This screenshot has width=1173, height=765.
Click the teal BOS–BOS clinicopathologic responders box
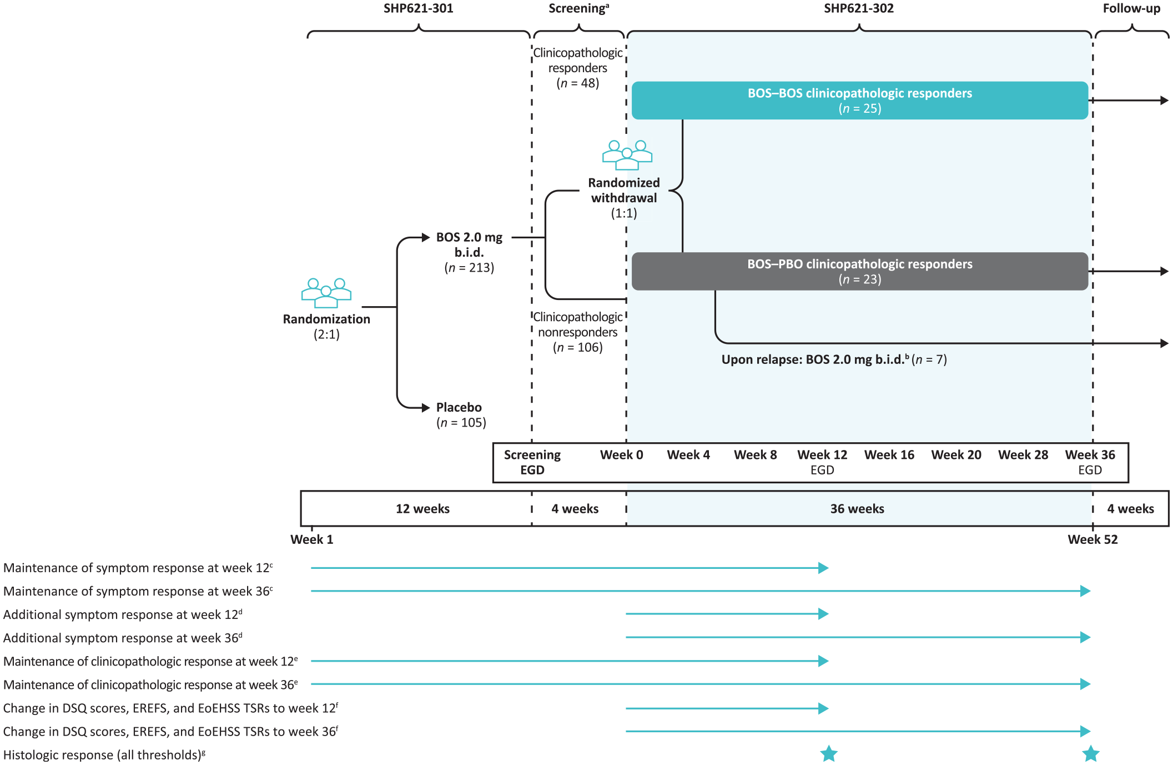(x=860, y=101)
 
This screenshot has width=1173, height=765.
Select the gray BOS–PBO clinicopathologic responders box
(x=860, y=271)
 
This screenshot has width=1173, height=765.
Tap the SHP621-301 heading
(x=419, y=8)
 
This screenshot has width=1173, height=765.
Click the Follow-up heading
(x=1131, y=8)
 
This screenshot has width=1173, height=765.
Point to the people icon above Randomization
(x=326, y=293)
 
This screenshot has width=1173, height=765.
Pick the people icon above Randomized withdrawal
(x=627, y=155)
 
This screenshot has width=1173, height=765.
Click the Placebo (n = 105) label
(x=461, y=415)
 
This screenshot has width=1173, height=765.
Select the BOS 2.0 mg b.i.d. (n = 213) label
(x=469, y=252)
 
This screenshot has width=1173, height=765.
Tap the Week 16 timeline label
(x=889, y=455)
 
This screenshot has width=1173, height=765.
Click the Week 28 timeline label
(x=1023, y=455)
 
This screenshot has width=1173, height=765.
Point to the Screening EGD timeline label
(x=532, y=462)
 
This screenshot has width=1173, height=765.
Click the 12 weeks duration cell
(x=422, y=508)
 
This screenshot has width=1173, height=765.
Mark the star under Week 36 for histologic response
(x=1091, y=754)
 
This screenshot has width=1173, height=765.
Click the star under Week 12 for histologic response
(x=829, y=754)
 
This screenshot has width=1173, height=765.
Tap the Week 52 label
(x=1093, y=539)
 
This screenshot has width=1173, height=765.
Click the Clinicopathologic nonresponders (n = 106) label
(x=578, y=332)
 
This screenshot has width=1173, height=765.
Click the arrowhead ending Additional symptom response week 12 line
(x=824, y=614)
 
